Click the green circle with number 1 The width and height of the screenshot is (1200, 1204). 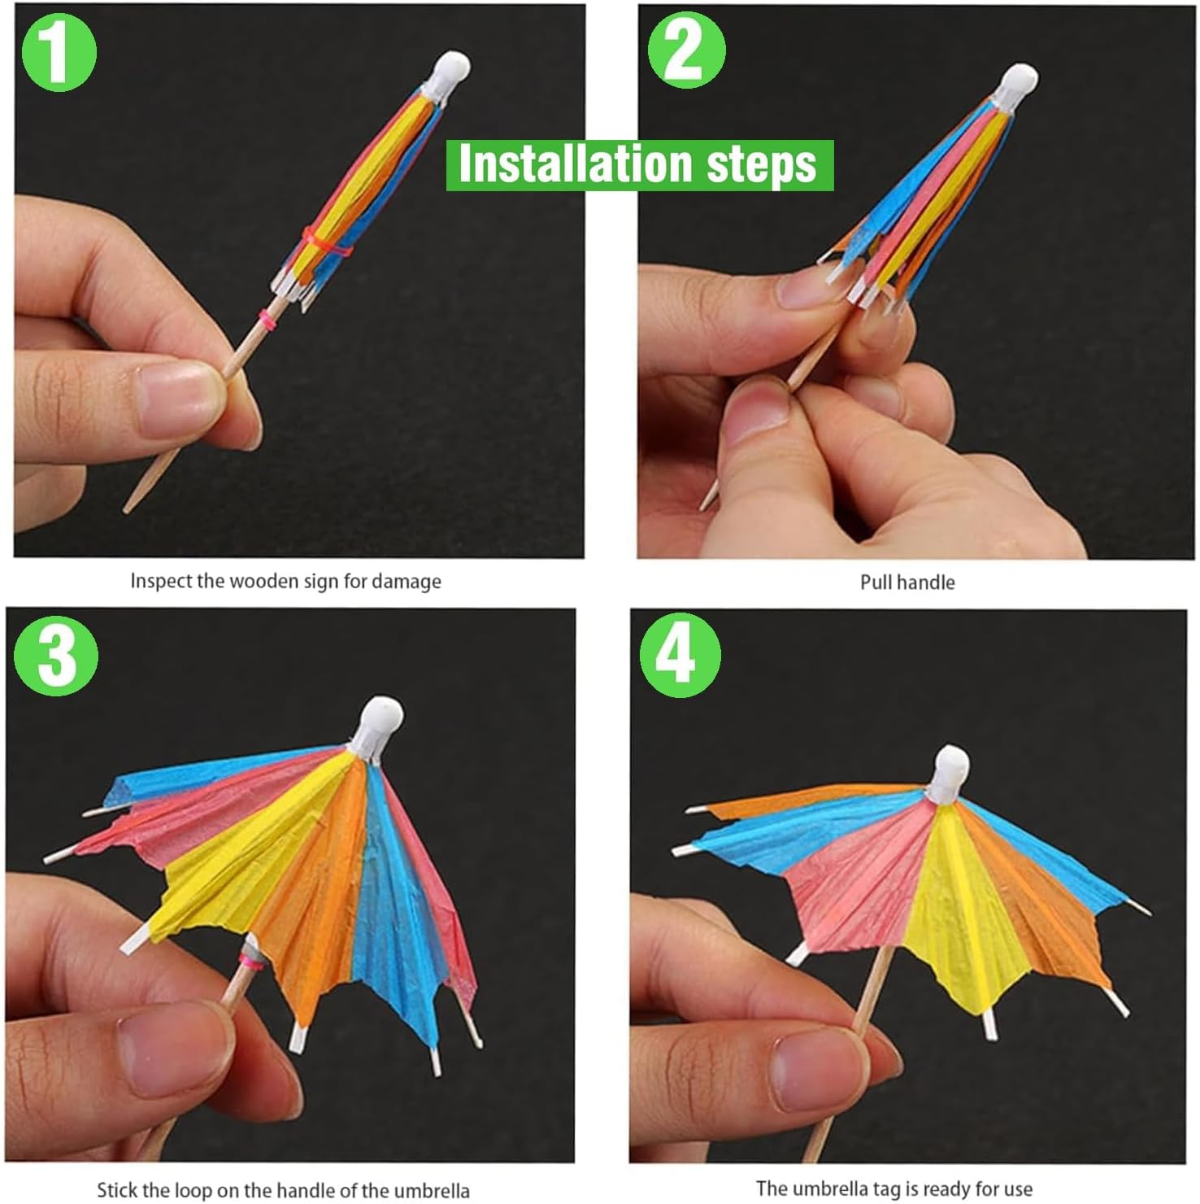58,53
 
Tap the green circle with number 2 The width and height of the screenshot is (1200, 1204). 686,50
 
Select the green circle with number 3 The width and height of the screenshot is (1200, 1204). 55,655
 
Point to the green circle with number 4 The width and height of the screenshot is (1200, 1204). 680,655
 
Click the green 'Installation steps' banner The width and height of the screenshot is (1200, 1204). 639,165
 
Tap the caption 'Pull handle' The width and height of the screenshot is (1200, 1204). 907,582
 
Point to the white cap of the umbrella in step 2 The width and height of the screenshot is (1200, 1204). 1018,84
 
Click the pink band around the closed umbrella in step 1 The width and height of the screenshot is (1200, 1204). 325,244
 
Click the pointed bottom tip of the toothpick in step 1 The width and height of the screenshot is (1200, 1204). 128,508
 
